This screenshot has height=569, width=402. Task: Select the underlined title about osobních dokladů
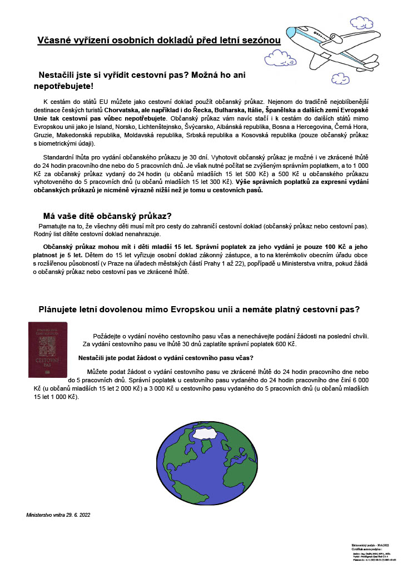159,41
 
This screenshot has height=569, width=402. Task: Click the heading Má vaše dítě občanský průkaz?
107,216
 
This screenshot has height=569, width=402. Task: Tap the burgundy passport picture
47,350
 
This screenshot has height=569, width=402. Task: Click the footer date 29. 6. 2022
77,516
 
